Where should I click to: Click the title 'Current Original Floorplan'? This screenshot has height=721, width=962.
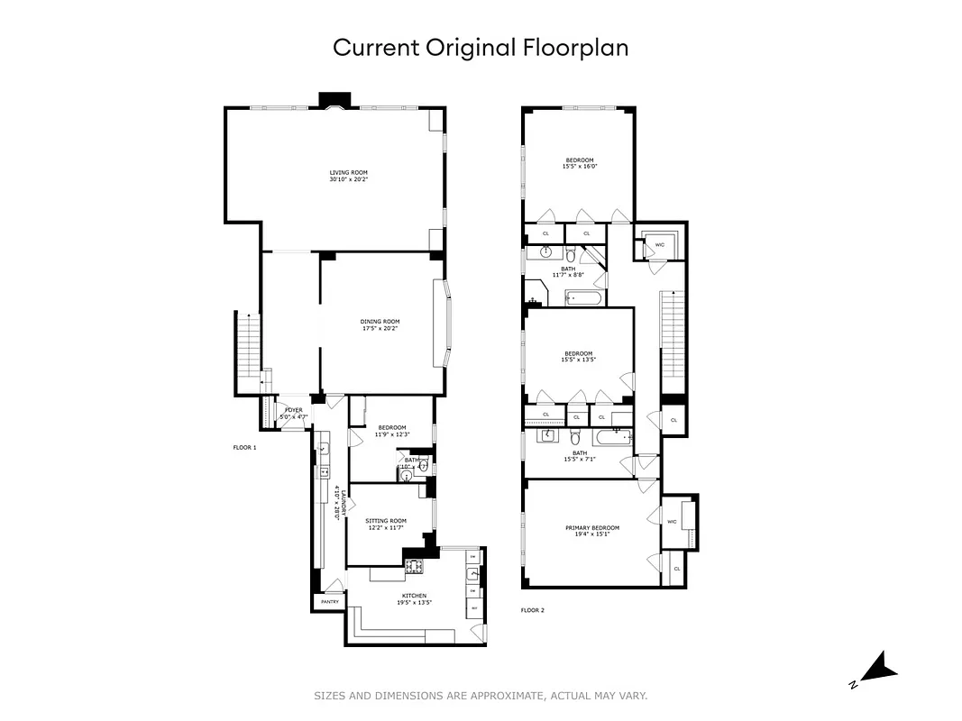[481, 48]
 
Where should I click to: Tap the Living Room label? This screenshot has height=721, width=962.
[348, 176]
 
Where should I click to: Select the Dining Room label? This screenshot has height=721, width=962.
[380, 324]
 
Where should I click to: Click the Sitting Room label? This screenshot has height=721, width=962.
[386, 524]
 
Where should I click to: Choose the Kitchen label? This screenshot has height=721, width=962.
[414, 598]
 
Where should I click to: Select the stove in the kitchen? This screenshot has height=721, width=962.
[414, 567]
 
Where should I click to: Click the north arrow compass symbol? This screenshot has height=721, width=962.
[874, 669]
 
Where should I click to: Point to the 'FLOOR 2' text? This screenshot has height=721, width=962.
[533, 610]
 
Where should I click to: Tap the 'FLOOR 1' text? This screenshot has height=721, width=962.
[244, 447]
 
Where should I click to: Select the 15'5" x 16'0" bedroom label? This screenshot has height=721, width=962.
[580, 163]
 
